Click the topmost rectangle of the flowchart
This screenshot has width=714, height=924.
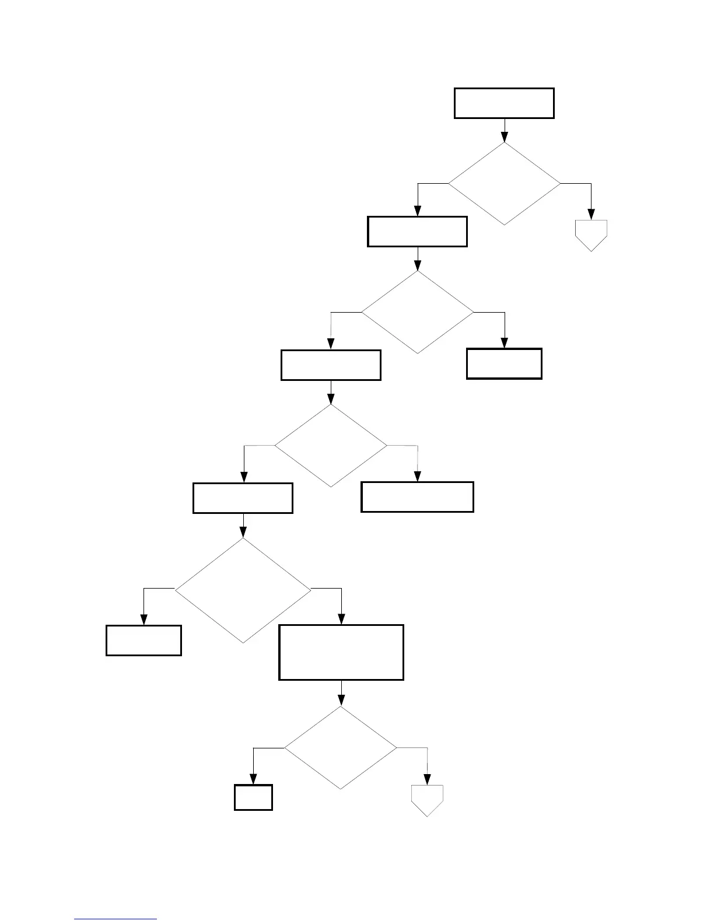[x=504, y=103]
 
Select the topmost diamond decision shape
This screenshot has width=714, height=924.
[x=504, y=184]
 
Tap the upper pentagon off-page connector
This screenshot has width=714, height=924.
[x=591, y=235]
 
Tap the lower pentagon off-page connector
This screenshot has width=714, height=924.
[x=428, y=800]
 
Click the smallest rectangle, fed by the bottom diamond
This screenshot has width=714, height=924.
[x=253, y=797]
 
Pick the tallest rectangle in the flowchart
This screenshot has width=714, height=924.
[x=341, y=652]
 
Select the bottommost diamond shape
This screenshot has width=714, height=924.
[x=341, y=748]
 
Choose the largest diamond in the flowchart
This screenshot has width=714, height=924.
[x=243, y=590]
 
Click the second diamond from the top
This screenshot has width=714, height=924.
[x=418, y=312]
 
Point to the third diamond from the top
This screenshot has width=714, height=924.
[x=331, y=446]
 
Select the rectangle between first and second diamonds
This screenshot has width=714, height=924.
[x=417, y=232]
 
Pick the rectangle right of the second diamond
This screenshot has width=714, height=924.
[x=504, y=364]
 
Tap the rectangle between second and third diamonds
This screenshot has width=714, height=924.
[x=331, y=365]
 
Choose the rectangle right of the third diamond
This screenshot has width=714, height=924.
[x=417, y=497]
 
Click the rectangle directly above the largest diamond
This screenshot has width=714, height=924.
[x=243, y=498]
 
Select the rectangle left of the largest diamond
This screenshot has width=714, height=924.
[x=143, y=640]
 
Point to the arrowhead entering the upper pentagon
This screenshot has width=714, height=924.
[x=591, y=215]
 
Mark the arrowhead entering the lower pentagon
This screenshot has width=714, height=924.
[x=428, y=780]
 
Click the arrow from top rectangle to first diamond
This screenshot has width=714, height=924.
[x=504, y=131]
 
